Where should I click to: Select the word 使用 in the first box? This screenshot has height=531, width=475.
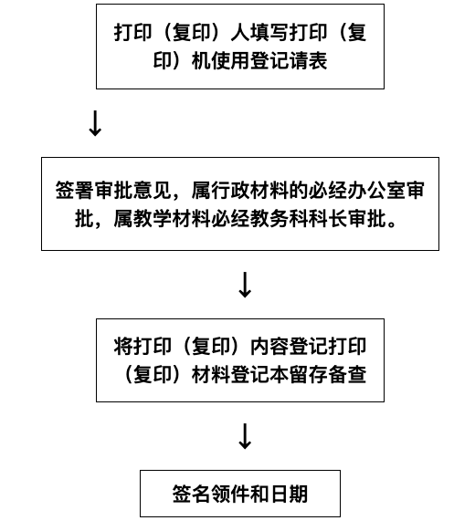216,61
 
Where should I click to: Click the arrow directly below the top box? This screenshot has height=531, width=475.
94,124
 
